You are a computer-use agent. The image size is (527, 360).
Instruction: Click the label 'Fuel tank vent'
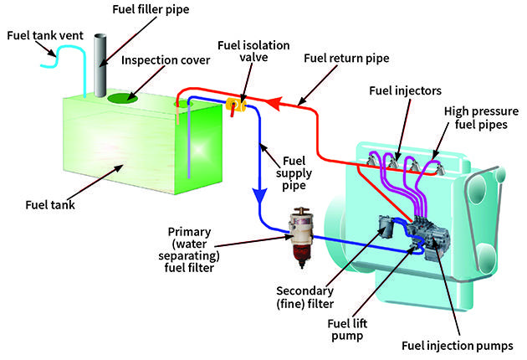click(41, 35)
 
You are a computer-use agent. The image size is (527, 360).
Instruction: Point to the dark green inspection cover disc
click(122, 99)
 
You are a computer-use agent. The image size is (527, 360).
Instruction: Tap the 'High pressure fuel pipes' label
click(483, 119)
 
